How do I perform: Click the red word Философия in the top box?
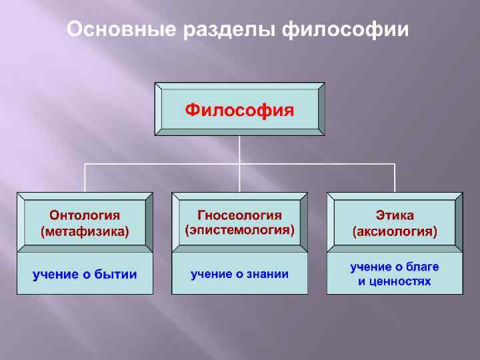tap(239, 109)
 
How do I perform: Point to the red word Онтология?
tap(85, 215)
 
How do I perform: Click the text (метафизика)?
tap(85, 232)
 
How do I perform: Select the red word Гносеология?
tap(239, 215)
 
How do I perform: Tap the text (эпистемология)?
tap(239, 231)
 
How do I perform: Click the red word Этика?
tap(395, 215)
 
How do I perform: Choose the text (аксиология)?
tap(395, 232)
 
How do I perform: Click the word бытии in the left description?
tap(114, 274)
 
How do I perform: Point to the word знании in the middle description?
tap(266, 273)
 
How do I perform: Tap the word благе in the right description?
tap(423, 267)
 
